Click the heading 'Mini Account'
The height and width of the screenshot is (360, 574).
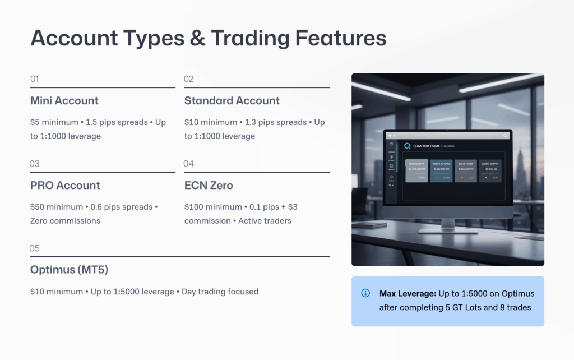(64, 101)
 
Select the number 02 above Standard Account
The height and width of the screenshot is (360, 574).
(188, 79)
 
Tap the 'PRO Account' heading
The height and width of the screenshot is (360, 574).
(65, 186)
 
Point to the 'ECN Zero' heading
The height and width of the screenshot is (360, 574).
(209, 186)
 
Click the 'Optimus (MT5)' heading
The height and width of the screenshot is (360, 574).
(69, 270)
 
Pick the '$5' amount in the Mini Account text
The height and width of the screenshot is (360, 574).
(35, 122)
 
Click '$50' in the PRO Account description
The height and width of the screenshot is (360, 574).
(38, 207)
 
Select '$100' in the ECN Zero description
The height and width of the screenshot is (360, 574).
(194, 207)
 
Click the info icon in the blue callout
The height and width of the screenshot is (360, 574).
(365, 293)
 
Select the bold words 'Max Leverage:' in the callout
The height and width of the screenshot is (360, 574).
(406, 293)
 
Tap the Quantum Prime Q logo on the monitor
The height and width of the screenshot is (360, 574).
(407, 146)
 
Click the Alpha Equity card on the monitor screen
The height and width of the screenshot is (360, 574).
(416, 170)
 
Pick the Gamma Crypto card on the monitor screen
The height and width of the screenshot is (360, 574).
(489, 170)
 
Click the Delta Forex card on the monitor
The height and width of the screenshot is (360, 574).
(465, 170)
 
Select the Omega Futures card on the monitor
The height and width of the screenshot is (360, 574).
(441, 170)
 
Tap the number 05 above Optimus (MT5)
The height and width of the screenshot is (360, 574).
(35, 248)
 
